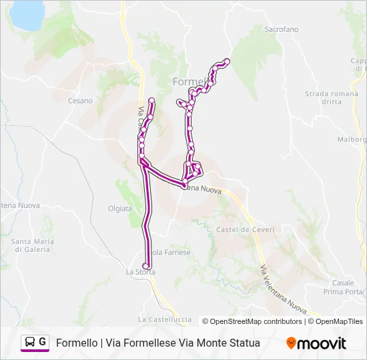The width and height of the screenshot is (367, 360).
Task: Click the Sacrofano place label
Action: tap(281, 30)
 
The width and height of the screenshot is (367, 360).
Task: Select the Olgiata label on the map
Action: tap(120, 209)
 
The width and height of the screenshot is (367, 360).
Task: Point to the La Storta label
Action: tap(140, 272)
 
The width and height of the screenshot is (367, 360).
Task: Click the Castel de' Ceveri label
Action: tap(242, 229)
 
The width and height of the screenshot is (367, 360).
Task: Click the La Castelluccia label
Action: tap(164, 319)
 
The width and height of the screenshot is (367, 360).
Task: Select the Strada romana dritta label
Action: tap(332, 98)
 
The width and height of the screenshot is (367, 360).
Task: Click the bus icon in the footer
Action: tap(29, 343)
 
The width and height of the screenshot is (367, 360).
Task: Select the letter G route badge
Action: tap(43, 342)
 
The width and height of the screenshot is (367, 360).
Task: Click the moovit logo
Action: tap(316, 343)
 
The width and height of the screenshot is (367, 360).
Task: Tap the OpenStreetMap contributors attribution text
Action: tap(252, 321)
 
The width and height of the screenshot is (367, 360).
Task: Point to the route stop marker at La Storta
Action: tap(145, 266)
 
